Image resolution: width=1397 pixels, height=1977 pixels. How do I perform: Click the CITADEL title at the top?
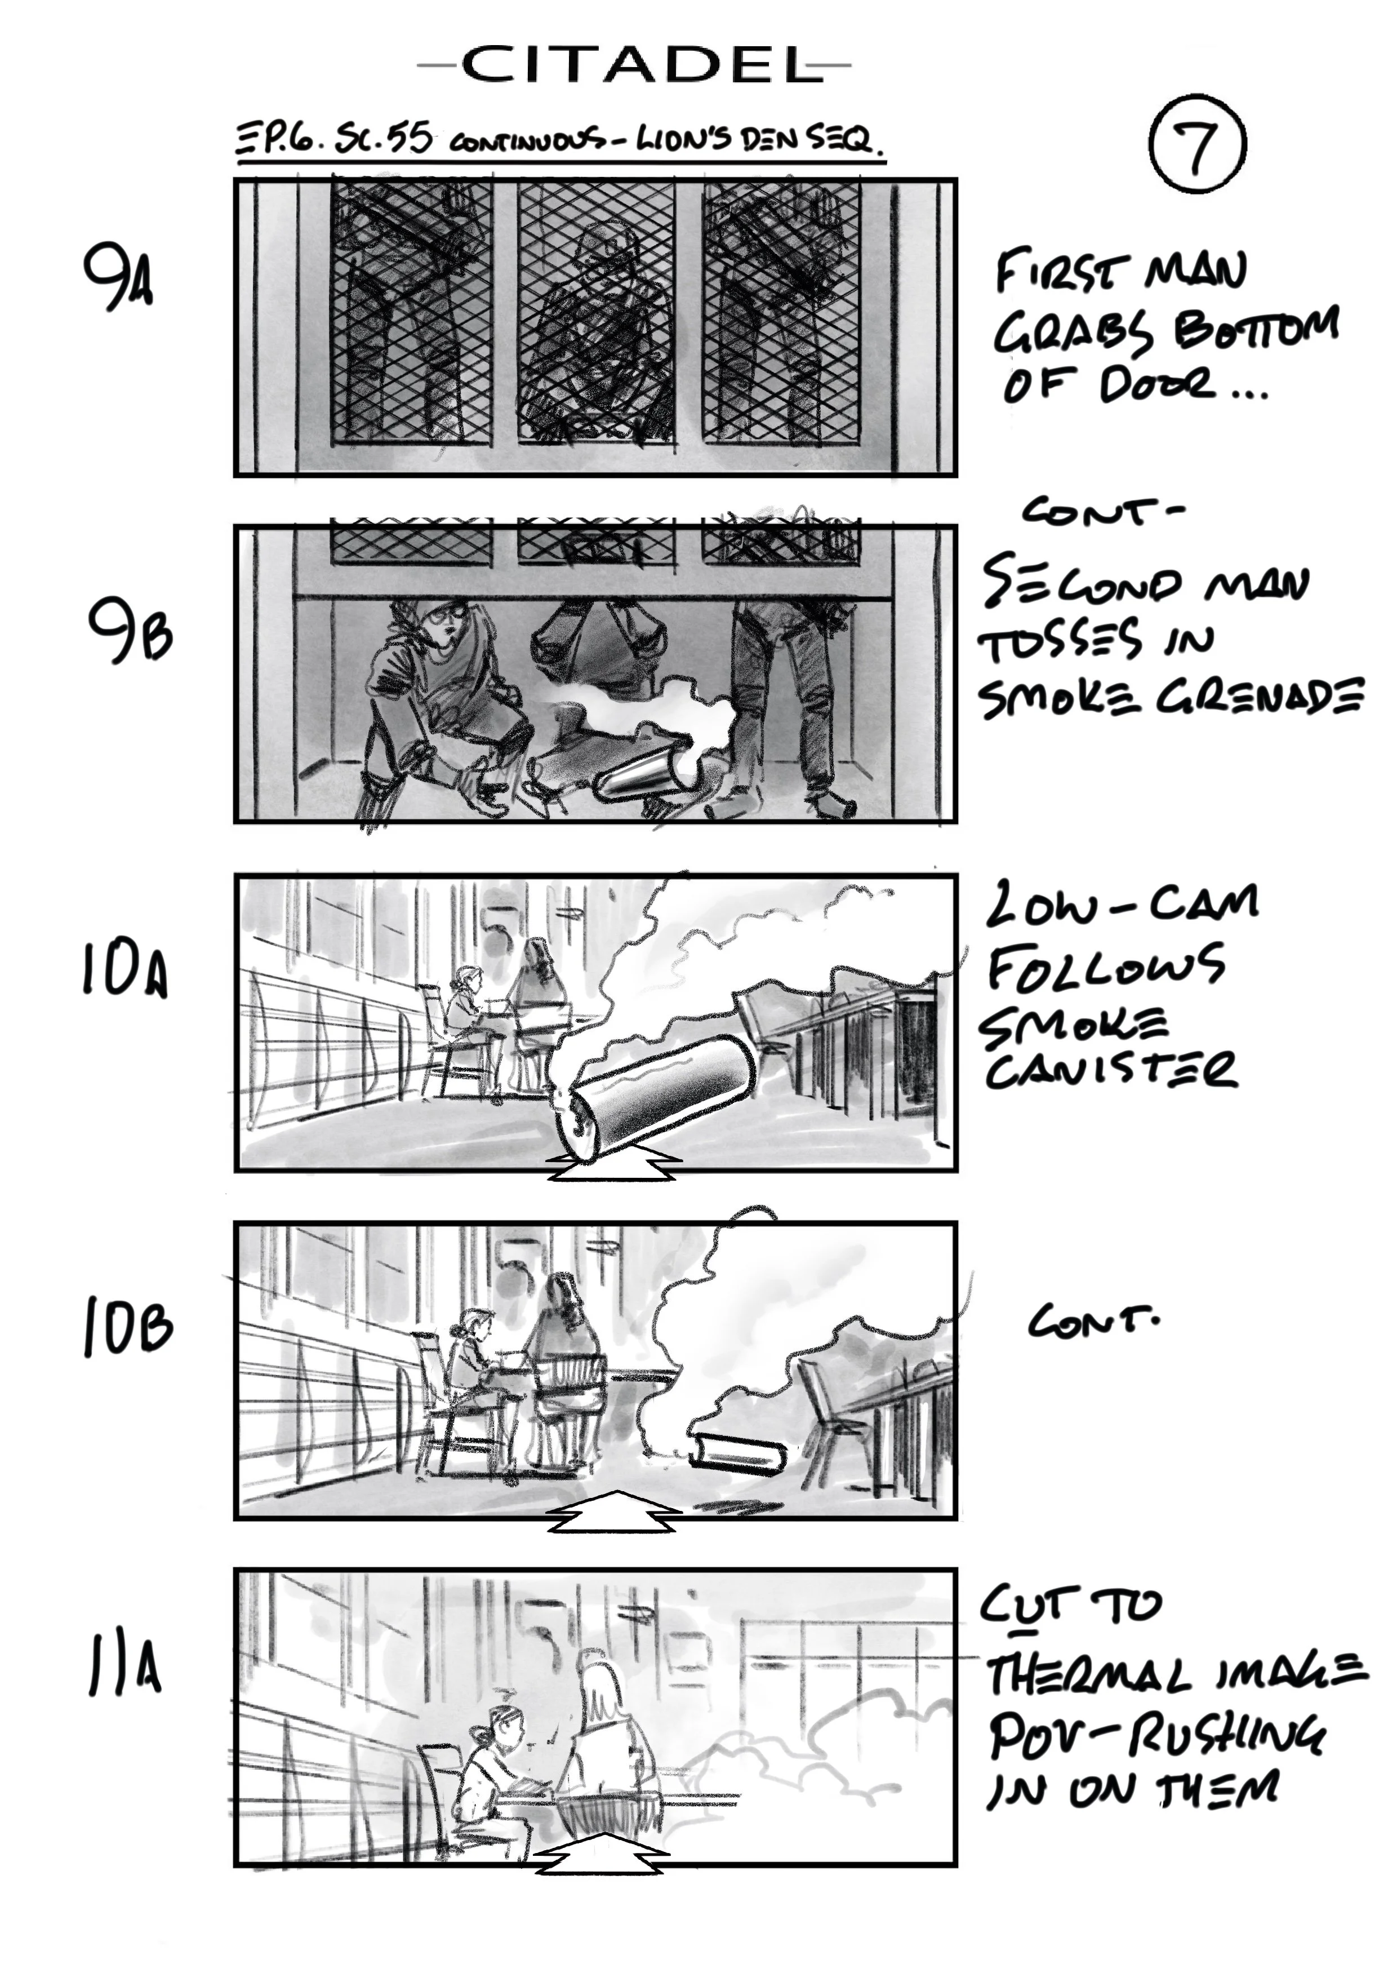tap(634, 65)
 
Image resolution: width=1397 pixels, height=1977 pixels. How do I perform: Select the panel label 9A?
tap(119, 277)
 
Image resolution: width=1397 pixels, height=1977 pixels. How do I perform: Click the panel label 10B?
tap(127, 1327)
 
